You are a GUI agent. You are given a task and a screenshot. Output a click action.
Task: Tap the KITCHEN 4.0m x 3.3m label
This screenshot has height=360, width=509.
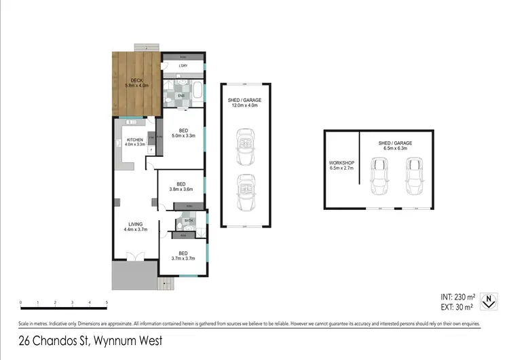(135, 142)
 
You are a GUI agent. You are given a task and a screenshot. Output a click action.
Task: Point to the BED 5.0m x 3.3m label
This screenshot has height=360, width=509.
(183, 133)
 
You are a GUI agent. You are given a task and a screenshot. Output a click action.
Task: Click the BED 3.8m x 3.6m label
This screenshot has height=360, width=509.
(181, 187)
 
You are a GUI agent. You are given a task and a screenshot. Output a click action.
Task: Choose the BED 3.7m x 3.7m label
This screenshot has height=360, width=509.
(183, 255)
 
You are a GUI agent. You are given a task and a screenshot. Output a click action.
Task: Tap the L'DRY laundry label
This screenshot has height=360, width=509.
(183, 66)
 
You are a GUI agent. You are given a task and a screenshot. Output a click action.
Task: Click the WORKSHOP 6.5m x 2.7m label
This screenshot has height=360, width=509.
(341, 166)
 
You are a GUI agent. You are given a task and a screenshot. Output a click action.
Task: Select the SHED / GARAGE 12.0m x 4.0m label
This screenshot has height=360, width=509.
(244, 103)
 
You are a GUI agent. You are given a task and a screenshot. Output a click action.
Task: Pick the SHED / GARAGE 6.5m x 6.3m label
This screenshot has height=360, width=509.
(396, 145)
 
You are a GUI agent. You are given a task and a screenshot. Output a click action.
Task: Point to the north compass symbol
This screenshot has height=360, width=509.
(486, 301)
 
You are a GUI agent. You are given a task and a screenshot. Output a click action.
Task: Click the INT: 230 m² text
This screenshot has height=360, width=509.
(456, 296)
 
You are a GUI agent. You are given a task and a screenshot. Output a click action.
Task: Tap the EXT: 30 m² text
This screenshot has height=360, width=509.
(456, 306)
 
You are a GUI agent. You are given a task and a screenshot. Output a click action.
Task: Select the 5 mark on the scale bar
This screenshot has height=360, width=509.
(107, 302)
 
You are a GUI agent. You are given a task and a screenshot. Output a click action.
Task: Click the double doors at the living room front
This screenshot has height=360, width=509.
(136, 257)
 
